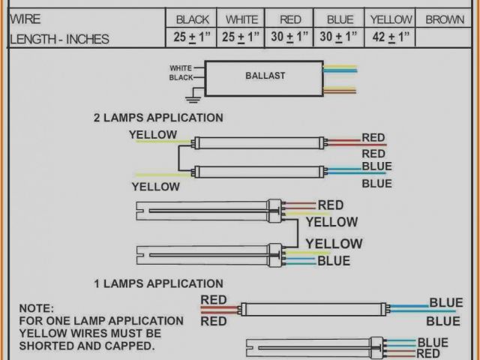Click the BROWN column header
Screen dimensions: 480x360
point(445,19)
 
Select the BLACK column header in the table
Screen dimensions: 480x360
point(193,19)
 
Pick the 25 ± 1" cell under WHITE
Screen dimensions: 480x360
point(241,36)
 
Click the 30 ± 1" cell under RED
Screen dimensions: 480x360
point(290,36)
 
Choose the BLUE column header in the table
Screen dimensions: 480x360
point(340,19)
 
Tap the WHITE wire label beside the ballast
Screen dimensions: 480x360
point(181,67)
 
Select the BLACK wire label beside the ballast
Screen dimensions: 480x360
point(181,77)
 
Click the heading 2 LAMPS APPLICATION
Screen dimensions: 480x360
point(157,118)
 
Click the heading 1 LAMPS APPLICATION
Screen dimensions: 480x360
point(157,283)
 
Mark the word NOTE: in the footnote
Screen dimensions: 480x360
point(37,308)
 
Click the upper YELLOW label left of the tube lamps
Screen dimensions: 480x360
point(153,135)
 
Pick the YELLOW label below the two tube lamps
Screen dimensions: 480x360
point(155,186)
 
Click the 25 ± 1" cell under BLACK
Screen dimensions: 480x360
point(193,36)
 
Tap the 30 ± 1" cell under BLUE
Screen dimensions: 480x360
point(340,36)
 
